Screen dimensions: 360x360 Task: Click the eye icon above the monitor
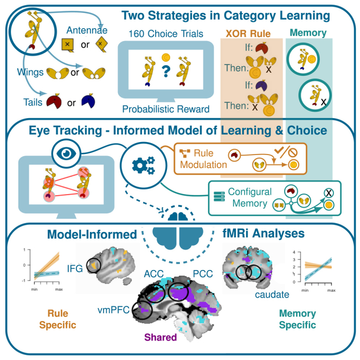click(66, 153)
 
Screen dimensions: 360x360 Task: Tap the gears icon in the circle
click(144, 165)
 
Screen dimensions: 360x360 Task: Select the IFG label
click(75, 268)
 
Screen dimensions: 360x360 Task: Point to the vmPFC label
click(114, 310)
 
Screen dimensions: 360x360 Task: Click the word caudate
click(272, 294)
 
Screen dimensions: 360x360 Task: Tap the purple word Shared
click(160, 337)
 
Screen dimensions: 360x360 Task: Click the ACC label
click(153, 274)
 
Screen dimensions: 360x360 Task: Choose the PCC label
click(203, 274)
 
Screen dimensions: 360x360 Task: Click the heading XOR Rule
click(248, 34)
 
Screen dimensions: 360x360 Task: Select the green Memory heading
click(308, 33)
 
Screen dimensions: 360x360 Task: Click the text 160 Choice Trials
click(166, 34)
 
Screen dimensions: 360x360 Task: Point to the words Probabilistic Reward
click(166, 109)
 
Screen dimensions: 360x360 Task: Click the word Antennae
click(87, 30)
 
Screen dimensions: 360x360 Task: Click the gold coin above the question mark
click(166, 57)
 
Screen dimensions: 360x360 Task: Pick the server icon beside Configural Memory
click(219, 196)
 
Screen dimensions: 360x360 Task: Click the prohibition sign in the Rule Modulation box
click(293, 153)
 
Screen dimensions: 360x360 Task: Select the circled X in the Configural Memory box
click(329, 193)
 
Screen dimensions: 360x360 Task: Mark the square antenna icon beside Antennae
click(67, 45)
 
